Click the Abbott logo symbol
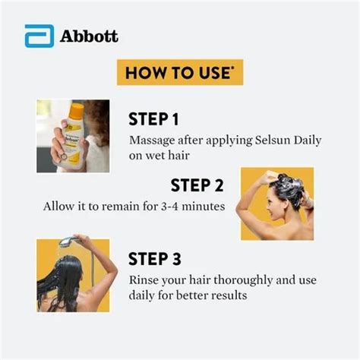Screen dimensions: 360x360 click(37, 36)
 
